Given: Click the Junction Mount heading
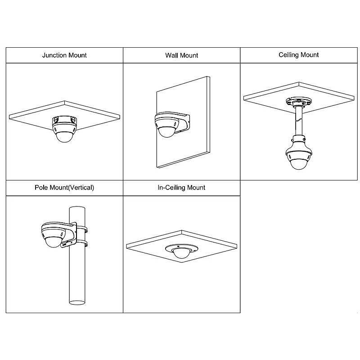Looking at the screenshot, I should (x=64, y=55).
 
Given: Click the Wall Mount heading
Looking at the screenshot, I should (x=181, y=55).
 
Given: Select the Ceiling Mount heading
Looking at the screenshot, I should (x=298, y=55).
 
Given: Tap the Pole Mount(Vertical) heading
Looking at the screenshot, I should (x=64, y=187).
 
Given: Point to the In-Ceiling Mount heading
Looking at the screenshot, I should (x=181, y=187).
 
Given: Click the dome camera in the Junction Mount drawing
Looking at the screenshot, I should (x=64, y=134).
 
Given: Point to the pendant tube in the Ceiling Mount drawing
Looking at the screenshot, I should (x=298, y=119).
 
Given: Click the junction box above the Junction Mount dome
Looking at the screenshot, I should (x=64, y=120).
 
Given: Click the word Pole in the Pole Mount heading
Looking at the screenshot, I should (x=41, y=187).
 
